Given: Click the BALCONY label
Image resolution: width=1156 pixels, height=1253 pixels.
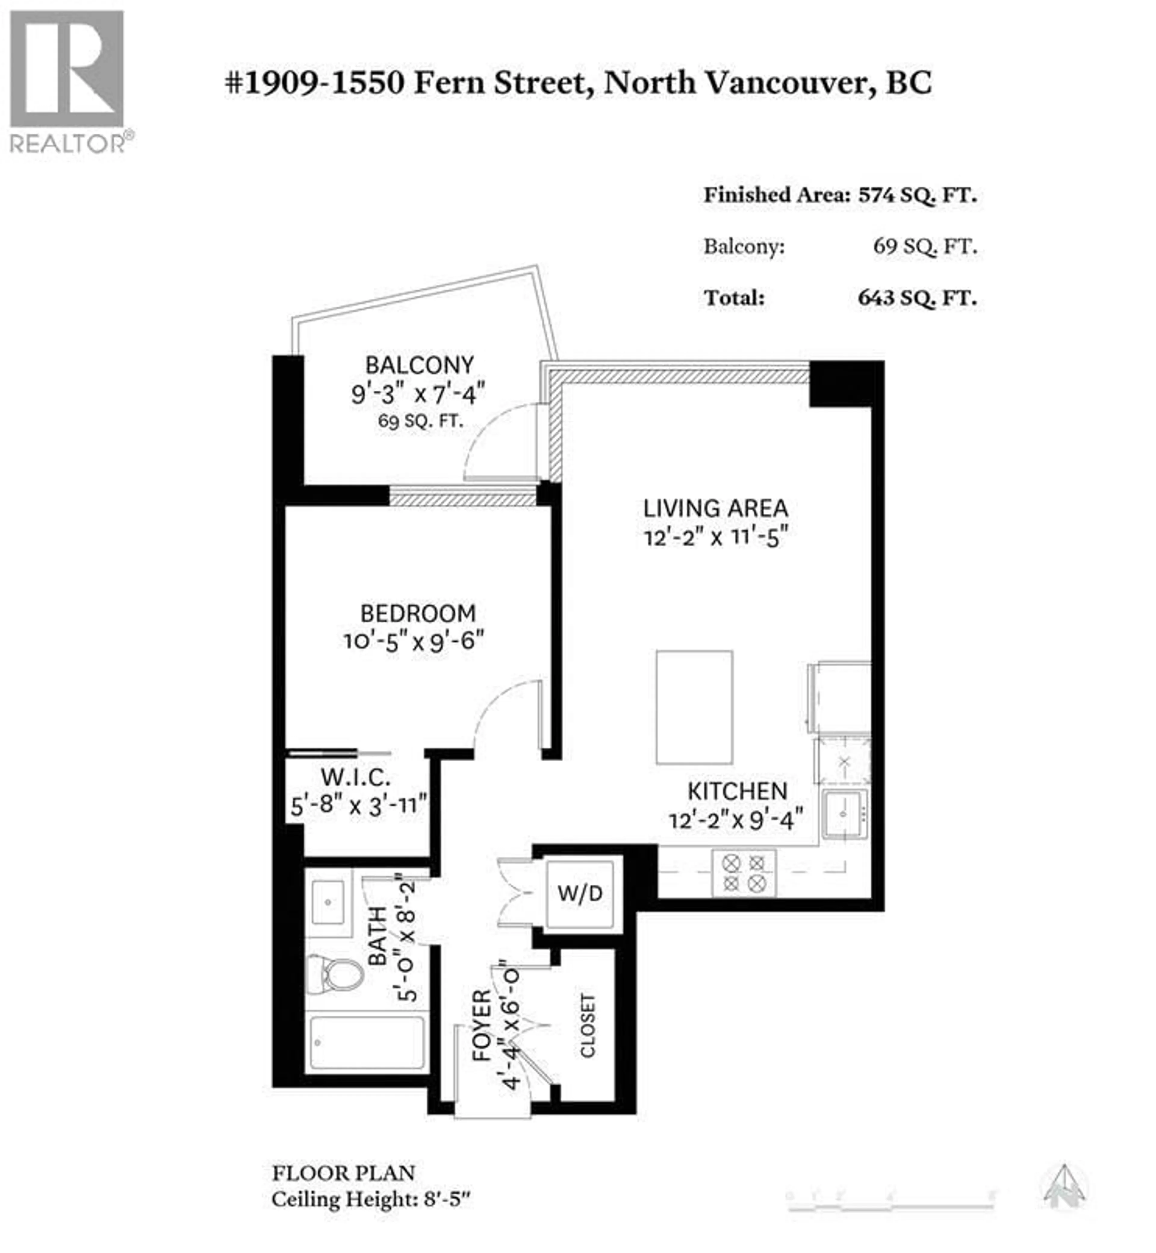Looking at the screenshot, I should click(x=420, y=365).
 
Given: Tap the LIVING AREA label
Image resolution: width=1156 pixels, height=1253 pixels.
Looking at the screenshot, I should click(x=716, y=508).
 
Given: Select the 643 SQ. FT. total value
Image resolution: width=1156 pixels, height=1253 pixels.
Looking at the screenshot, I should click(x=917, y=298).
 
